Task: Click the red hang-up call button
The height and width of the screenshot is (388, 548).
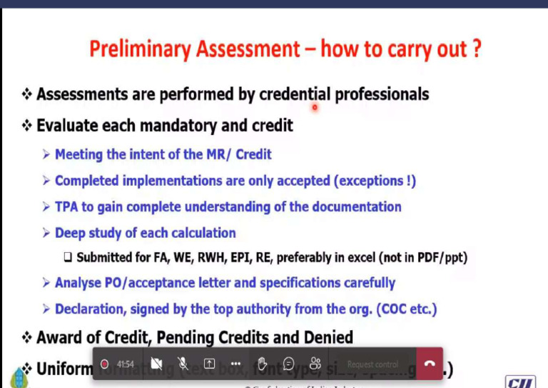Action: click(430, 364)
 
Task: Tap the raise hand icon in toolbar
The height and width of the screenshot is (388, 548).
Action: click(262, 364)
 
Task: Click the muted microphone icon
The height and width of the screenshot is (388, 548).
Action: click(183, 364)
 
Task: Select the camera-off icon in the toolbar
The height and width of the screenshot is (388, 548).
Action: click(156, 364)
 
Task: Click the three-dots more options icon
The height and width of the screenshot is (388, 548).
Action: click(235, 364)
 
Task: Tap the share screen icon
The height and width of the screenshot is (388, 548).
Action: click(210, 364)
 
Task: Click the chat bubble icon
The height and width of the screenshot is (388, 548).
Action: click(288, 364)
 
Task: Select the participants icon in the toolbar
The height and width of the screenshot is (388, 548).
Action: click(315, 364)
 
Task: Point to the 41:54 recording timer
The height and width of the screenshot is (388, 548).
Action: click(126, 364)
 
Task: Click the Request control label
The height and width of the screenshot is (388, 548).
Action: click(372, 364)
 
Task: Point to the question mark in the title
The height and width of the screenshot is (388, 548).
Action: click(475, 49)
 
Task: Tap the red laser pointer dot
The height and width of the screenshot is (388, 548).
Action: click(314, 108)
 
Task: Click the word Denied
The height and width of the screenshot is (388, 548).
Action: click(324, 337)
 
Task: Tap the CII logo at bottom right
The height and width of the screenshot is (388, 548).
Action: click(521, 381)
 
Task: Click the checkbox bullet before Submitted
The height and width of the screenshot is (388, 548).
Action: click(68, 257)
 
